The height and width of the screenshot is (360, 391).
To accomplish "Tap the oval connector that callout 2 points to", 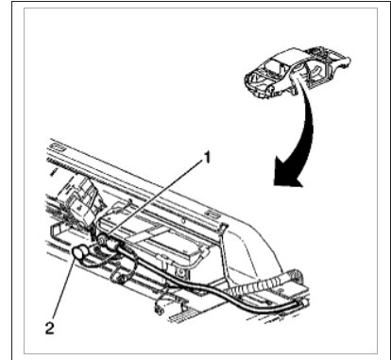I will point(81,252).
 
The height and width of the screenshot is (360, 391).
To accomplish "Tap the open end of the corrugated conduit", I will point(294,275).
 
